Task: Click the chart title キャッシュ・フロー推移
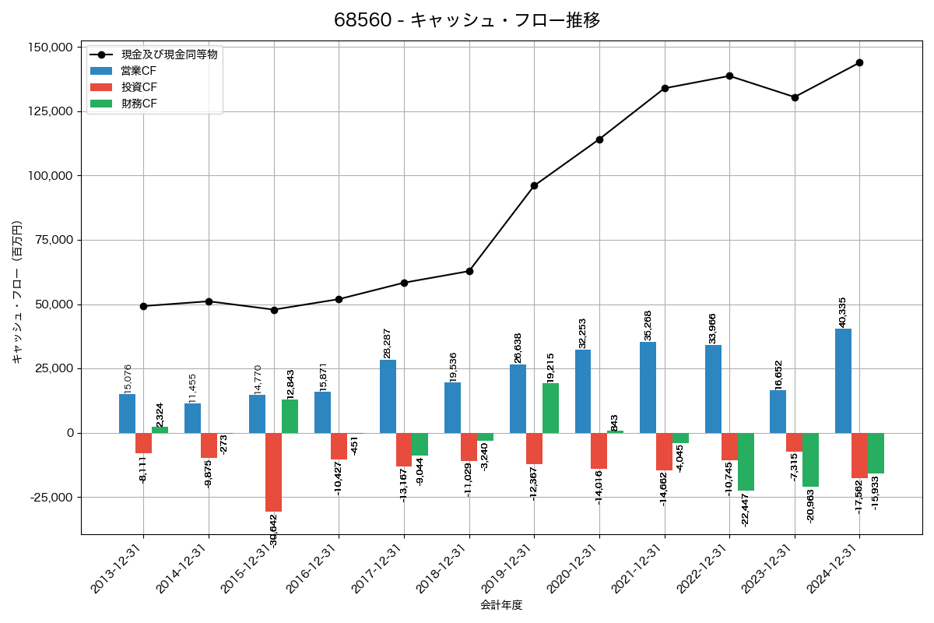467,20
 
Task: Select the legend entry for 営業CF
139,71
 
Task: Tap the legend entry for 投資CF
139,86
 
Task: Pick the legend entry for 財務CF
139,103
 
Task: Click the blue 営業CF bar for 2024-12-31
843,381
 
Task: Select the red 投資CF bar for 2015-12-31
273,472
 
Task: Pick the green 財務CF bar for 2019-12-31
550,408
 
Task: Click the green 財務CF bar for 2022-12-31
746,462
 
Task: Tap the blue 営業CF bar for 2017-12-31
388,396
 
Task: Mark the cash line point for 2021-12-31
665,88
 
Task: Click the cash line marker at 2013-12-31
144,306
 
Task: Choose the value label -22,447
746,510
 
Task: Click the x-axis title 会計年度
501,604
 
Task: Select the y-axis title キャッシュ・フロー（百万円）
17,292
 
